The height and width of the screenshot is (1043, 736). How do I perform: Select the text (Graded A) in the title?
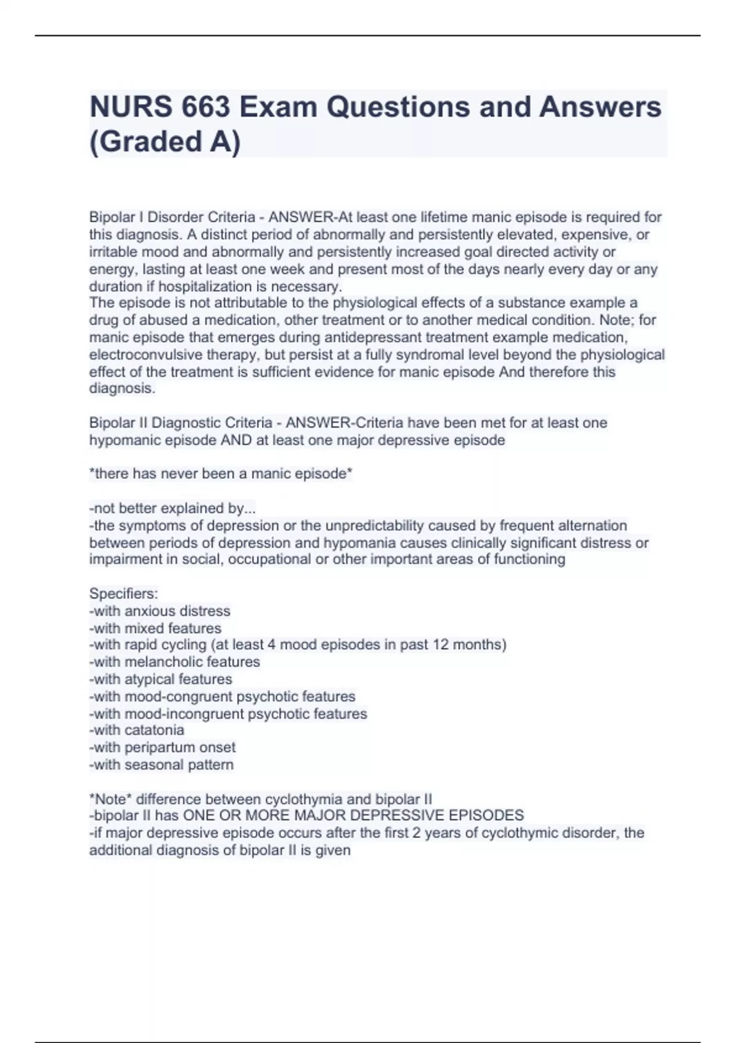click(x=165, y=142)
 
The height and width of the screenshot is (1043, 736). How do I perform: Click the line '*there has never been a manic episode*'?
click(x=221, y=474)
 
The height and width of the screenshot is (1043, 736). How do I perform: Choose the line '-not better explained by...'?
click(x=172, y=508)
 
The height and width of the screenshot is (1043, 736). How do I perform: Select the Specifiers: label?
click(x=123, y=593)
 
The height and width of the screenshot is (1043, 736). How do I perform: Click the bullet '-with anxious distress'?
click(x=159, y=611)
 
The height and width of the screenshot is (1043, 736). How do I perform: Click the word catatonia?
click(x=154, y=730)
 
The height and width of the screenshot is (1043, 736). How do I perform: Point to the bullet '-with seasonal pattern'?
click(x=161, y=764)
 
